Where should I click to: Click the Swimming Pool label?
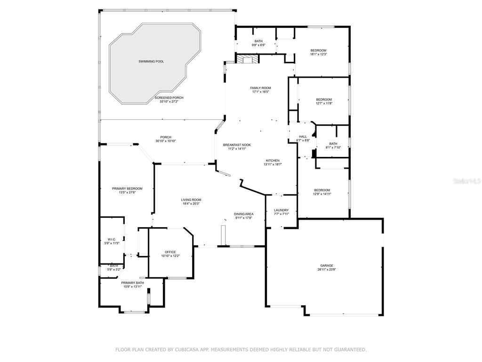coord(151,61)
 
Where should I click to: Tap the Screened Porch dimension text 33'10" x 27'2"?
coord(169,101)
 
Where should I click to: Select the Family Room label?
coord(260,88)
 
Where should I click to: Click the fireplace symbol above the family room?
coord(247,59)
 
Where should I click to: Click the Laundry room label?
coord(281,210)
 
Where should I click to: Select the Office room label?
coord(170,252)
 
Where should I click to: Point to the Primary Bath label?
coord(133,282)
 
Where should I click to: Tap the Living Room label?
coord(191,199)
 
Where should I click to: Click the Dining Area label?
coord(244,214)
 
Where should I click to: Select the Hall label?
coord(303,137)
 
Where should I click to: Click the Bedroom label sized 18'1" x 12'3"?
coord(318,50)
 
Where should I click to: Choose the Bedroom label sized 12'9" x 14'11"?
coord(322,190)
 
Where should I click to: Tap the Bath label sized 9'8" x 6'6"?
coord(258,41)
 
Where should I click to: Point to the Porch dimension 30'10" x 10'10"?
coord(165,141)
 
